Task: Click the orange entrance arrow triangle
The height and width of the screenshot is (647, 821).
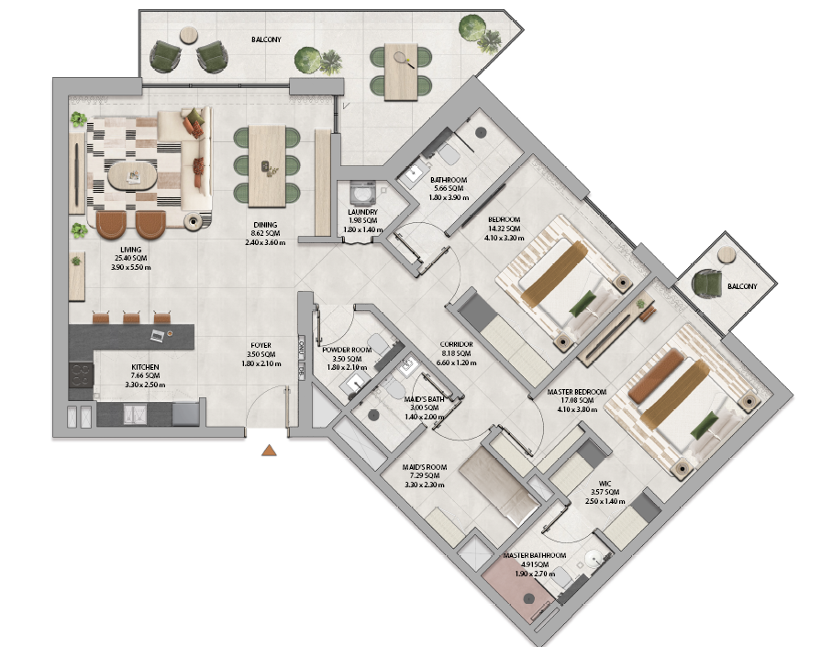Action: tap(269, 450)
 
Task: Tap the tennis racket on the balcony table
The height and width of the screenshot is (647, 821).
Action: tap(404, 60)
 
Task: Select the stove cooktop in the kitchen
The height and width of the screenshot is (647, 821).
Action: tap(81, 374)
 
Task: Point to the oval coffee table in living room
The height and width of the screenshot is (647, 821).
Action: tap(132, 176)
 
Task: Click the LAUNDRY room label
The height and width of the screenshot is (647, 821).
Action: tap(363, 212)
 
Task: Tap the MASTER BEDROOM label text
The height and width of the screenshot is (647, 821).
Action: tap(576, 392)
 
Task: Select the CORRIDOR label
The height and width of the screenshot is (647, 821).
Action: tap(457, 344)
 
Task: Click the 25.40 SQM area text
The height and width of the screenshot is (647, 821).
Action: tap(131, 258)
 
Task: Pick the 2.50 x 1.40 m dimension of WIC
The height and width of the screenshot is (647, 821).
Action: tap(605, 501)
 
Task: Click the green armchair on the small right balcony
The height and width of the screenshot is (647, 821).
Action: tap(707, 283)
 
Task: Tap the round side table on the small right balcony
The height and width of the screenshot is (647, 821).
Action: tap(727, 255)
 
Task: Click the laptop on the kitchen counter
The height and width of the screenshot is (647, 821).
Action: tap(157, 336)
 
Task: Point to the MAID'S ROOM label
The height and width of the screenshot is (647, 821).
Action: tap(425, 467)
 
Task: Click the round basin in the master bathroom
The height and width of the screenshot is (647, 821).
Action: tap(594, 558)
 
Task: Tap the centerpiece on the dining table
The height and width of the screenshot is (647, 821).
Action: tap(269, 168)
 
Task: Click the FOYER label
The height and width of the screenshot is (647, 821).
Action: tap(261, 345)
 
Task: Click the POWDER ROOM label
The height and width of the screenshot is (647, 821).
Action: tap(347, 350)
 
